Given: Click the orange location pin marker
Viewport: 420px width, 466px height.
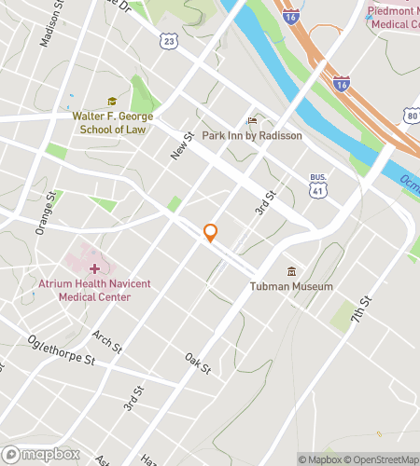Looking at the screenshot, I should coord(211,233).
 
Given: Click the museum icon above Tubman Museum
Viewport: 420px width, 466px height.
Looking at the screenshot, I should coord(292,271).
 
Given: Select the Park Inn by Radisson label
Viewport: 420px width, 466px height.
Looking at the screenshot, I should coord(259,135).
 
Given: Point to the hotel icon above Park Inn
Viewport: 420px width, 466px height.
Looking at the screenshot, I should coord(250,120).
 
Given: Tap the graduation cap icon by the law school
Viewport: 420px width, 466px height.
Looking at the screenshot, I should coord(112,102).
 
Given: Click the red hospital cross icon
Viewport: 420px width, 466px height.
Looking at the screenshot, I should coord(94,268).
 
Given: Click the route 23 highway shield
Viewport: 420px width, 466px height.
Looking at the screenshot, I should coord(168,41).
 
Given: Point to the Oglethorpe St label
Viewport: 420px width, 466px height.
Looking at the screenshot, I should coord(62,350).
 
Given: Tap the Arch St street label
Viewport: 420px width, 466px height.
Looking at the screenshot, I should coord(107,341).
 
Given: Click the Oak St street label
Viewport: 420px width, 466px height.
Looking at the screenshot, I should coord(198,363).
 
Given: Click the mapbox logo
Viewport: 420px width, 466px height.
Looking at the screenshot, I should coord(39,454).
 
